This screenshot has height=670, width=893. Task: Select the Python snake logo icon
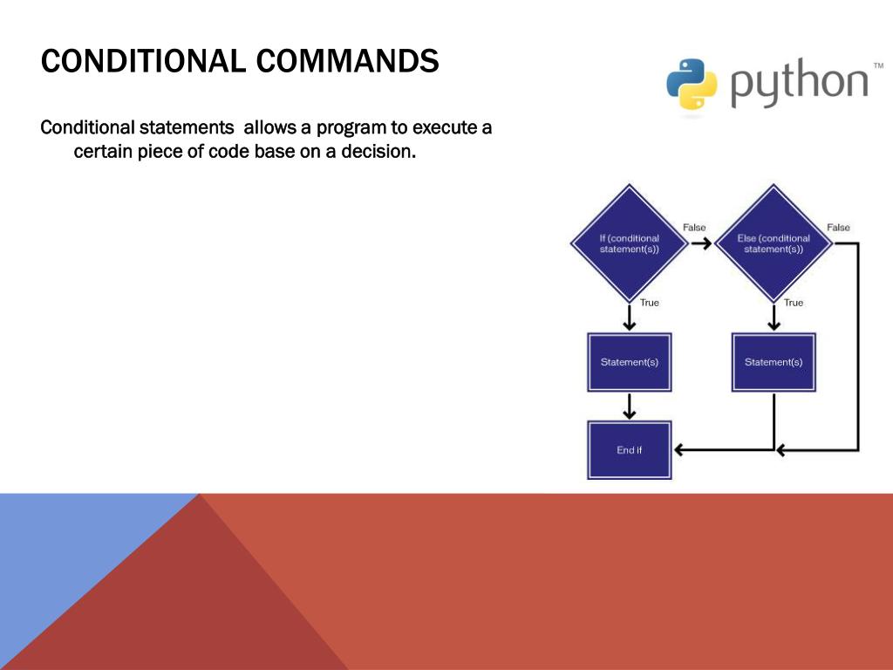[x=692, y=84]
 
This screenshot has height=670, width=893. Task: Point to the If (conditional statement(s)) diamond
[x=629, y=243]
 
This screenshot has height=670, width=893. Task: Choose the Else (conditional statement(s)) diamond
[x=773, y=243]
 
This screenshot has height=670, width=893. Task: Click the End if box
[x=629, y=450]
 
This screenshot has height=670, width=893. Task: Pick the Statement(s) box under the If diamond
[x=629, y=362]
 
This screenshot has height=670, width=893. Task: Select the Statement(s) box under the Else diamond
[x=773, y=362]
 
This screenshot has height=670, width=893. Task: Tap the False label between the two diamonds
[x=694, y=228]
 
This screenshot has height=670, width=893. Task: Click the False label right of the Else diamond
[x=838, y=228]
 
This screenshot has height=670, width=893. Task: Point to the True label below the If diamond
[x=650, y=303]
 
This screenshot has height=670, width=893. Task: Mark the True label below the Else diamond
[x=794, y=303]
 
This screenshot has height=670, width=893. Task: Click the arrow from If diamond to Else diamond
[x=700, y=243]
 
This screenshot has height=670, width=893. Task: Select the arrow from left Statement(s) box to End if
[x=629, y=406]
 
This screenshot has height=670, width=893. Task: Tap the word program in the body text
[x=351, y=128]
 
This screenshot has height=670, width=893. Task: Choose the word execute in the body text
[x=444, y=128]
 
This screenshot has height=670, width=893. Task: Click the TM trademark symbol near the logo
[x=878, y=66]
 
